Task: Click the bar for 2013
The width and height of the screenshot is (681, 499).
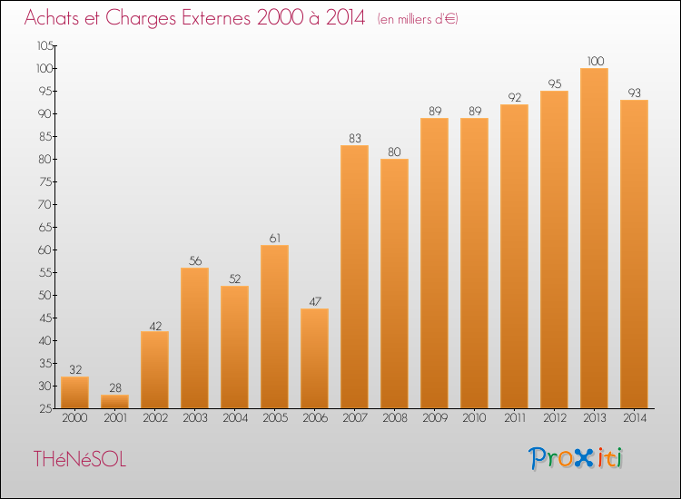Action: (594, 239)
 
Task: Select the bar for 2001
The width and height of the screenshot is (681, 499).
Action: (114, 401)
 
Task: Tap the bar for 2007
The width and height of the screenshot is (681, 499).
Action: (354, 277)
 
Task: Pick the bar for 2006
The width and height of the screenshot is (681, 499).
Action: (314, 358)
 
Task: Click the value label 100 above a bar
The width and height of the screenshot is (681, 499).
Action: (596, 61)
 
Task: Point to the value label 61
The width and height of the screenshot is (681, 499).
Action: (275, 239)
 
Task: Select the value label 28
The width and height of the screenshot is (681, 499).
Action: (115, 388)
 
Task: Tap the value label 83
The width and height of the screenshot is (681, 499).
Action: (355, 139)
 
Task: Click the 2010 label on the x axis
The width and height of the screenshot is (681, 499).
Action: (474, 418)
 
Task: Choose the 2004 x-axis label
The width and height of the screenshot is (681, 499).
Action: (235, 418)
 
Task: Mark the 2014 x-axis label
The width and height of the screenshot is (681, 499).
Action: (635, 418)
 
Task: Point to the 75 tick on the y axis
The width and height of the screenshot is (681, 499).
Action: (45, 181)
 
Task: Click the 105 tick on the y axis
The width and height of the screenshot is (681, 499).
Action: (45, 45)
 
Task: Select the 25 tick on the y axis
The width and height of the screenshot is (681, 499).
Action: (45, 409)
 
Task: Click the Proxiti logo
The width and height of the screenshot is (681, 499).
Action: (576, 458)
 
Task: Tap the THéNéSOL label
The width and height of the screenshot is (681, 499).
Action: (80, 459)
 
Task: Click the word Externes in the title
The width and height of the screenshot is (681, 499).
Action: (216, 18)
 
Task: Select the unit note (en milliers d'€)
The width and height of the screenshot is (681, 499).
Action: (418, 19)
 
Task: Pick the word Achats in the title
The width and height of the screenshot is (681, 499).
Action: (52, 18)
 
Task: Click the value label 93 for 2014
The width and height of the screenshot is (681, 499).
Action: (635, 93)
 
